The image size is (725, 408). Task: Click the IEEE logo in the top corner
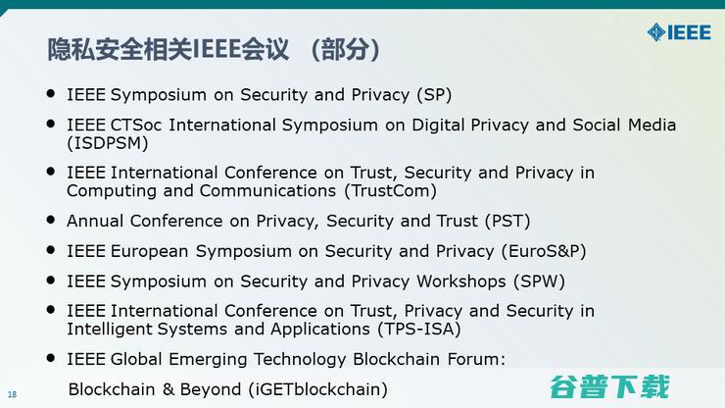[679, 32]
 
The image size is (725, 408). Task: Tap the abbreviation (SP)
[433, 95]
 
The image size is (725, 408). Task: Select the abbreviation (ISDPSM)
[108, 143]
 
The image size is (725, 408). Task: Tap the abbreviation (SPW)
[539, 281]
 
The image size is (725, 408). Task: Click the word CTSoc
[138, 126]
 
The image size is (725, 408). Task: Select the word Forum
[473, 359]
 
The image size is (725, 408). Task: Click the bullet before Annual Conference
[51, 219]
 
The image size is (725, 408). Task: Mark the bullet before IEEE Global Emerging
[51, 357]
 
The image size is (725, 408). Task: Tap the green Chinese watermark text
[608, 385]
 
